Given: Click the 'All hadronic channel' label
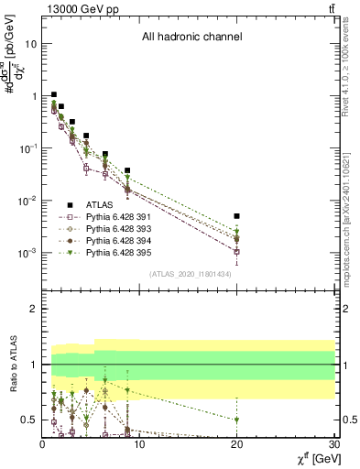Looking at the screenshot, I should [191, 38].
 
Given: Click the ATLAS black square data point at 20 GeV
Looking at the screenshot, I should [237, 216].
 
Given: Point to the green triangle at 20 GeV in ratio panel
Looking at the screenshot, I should [237, 420].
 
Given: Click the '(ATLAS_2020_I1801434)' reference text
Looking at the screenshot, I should [190, 274].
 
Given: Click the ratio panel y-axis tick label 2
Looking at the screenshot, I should [32, 310].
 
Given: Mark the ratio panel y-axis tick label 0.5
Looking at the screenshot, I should [28, 420].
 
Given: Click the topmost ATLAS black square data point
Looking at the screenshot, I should [54, 94].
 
